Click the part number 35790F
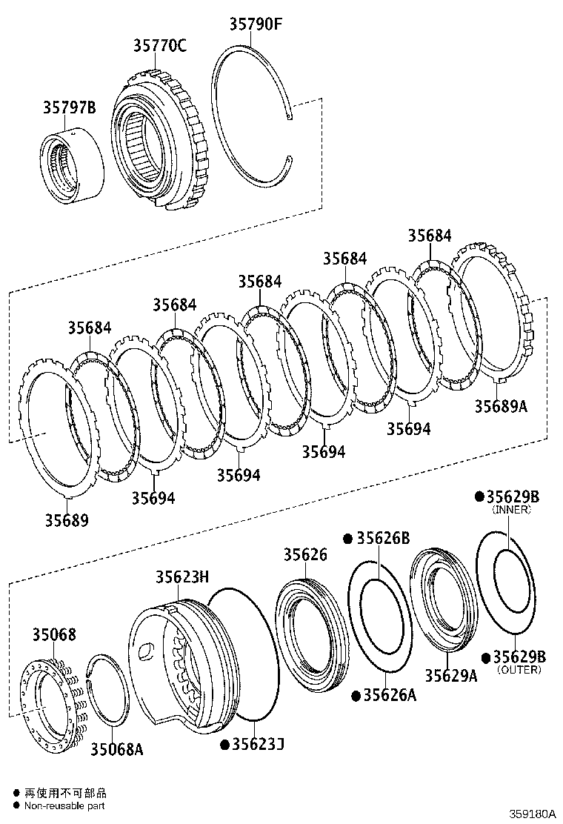[255, 24]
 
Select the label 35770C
[159, 46]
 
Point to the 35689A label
[501, 406]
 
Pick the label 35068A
[116, 749]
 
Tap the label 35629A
[450, 675]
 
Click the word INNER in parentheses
[511, 510]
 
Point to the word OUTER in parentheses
[519, 670]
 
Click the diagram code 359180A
[531, 813]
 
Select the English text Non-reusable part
[64, 805]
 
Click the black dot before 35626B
[347, 539]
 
